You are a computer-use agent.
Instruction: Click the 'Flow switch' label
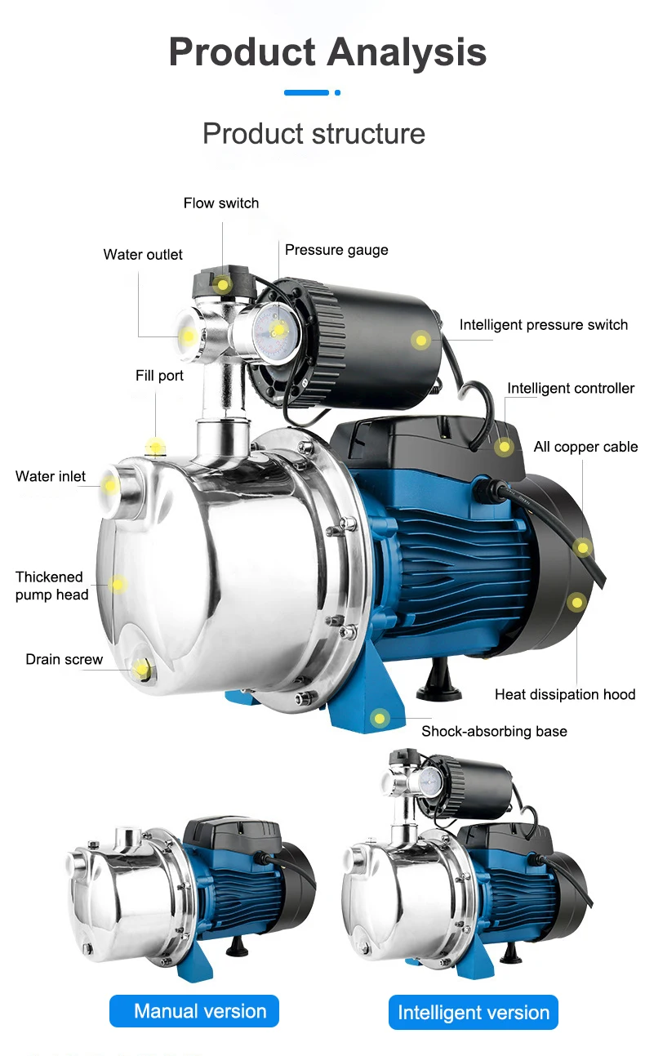pos(220,203)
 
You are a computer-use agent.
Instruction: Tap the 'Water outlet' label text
pos(143,255)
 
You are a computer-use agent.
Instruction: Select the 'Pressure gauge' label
pos(336,250)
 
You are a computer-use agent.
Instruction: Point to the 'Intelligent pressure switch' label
pos(543,325)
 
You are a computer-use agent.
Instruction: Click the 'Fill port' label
pos(159,376)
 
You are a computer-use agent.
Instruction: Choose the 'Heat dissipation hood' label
pos(564,694)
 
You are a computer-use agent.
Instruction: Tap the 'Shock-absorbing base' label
pos(494,731)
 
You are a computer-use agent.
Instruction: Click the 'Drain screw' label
pos(64,659)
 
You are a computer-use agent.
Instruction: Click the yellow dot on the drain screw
pos(143,670)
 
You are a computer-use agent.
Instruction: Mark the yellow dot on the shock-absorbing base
pos(379,719)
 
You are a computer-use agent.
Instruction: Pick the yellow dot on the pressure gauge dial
pos(278,330)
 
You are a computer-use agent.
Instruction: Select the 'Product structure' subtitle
pos(314,133)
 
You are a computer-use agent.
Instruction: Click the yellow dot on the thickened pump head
pos(118,584)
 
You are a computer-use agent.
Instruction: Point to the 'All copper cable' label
pos(585,447)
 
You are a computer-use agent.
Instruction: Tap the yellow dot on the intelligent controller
pos(505,446)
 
